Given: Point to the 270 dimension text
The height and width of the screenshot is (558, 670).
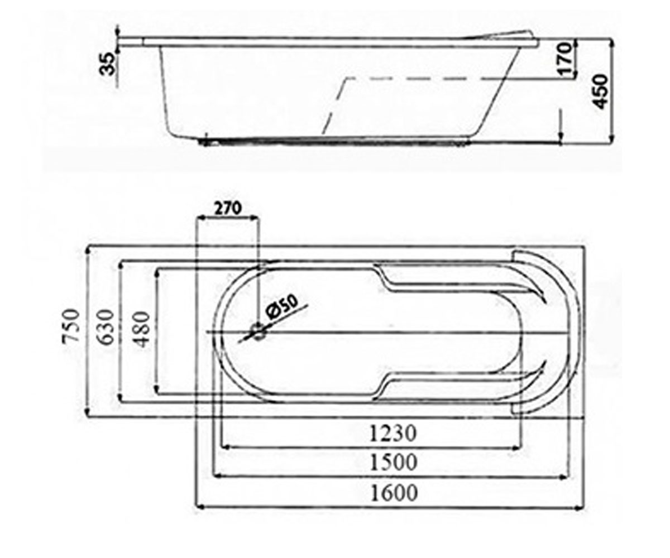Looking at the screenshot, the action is [x=227, y=209].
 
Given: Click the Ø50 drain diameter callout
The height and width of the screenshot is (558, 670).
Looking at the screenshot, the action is [x=281, y=307].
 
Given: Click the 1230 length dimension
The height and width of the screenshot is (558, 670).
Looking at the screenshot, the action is [x=393, y=433].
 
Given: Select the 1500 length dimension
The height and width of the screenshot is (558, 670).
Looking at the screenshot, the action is [x=394, y=462].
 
